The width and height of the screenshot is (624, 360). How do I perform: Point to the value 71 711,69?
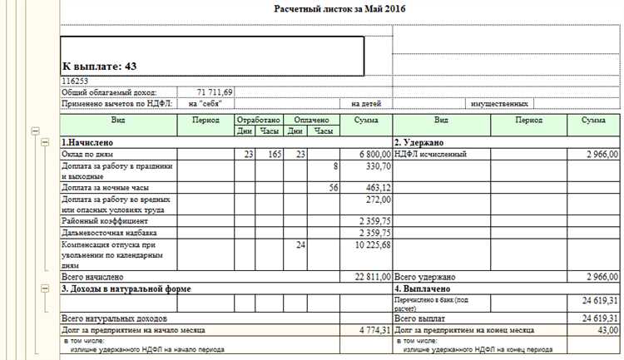(x=215, y=92)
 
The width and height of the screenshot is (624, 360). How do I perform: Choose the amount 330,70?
(x=378, y=166)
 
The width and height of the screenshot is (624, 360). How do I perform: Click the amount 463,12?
(x=378, y=189)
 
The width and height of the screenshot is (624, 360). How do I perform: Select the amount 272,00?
(x=378, y=200)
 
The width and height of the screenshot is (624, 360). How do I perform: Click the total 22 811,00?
(x=373, y=276)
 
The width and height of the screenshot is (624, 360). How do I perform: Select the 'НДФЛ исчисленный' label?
(x=431, y=155)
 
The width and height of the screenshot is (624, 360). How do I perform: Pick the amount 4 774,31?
(x=376, y=329)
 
